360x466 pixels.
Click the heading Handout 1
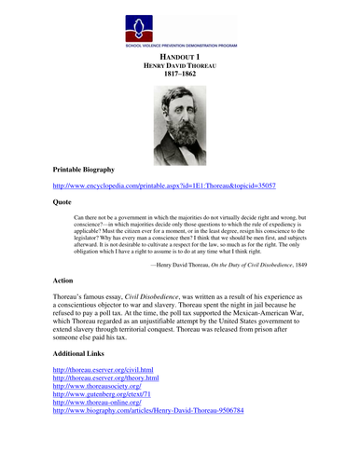click(x=178, y=57)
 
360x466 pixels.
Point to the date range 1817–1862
click(x=178, y=77)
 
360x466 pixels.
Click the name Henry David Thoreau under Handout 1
click(x=178, y=67)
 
